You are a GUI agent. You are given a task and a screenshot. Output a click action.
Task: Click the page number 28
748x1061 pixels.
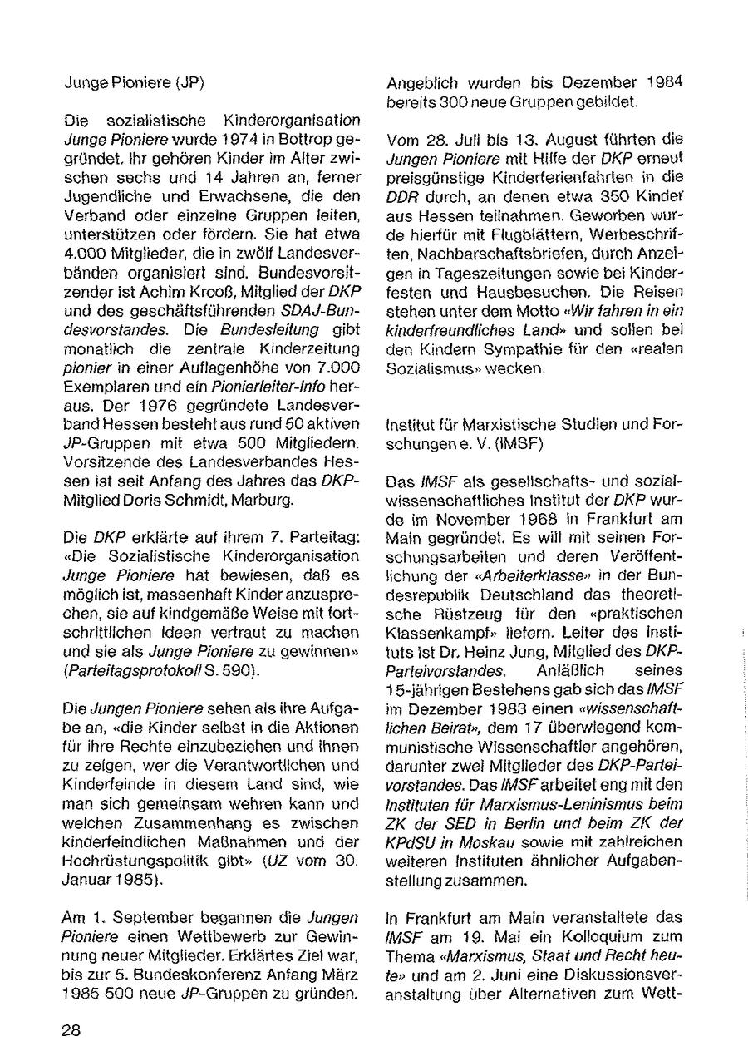[71, 1029]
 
